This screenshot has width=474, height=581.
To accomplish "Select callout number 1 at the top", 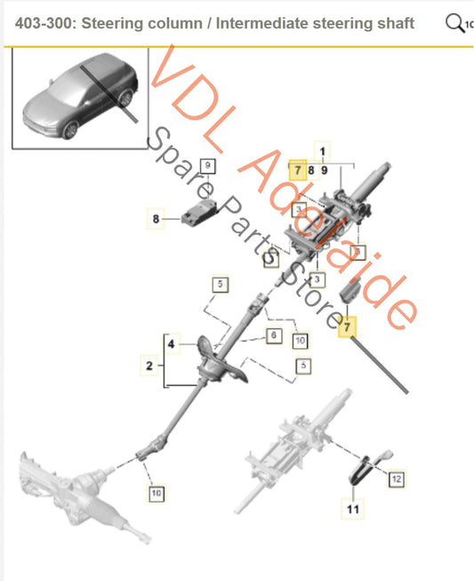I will [x=323, y=152].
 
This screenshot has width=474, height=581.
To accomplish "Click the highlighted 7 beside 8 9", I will [x=297, y=169].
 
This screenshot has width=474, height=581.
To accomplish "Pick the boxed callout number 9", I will [x=207, y=165].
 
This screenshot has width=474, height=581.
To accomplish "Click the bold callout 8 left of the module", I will [x=157, y=217].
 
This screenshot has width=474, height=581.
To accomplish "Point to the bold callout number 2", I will [x=149, y=365].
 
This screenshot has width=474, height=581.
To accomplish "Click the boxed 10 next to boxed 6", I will [x=300, y=340].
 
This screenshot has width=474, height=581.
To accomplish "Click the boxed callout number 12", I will [x=397, y=479].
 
